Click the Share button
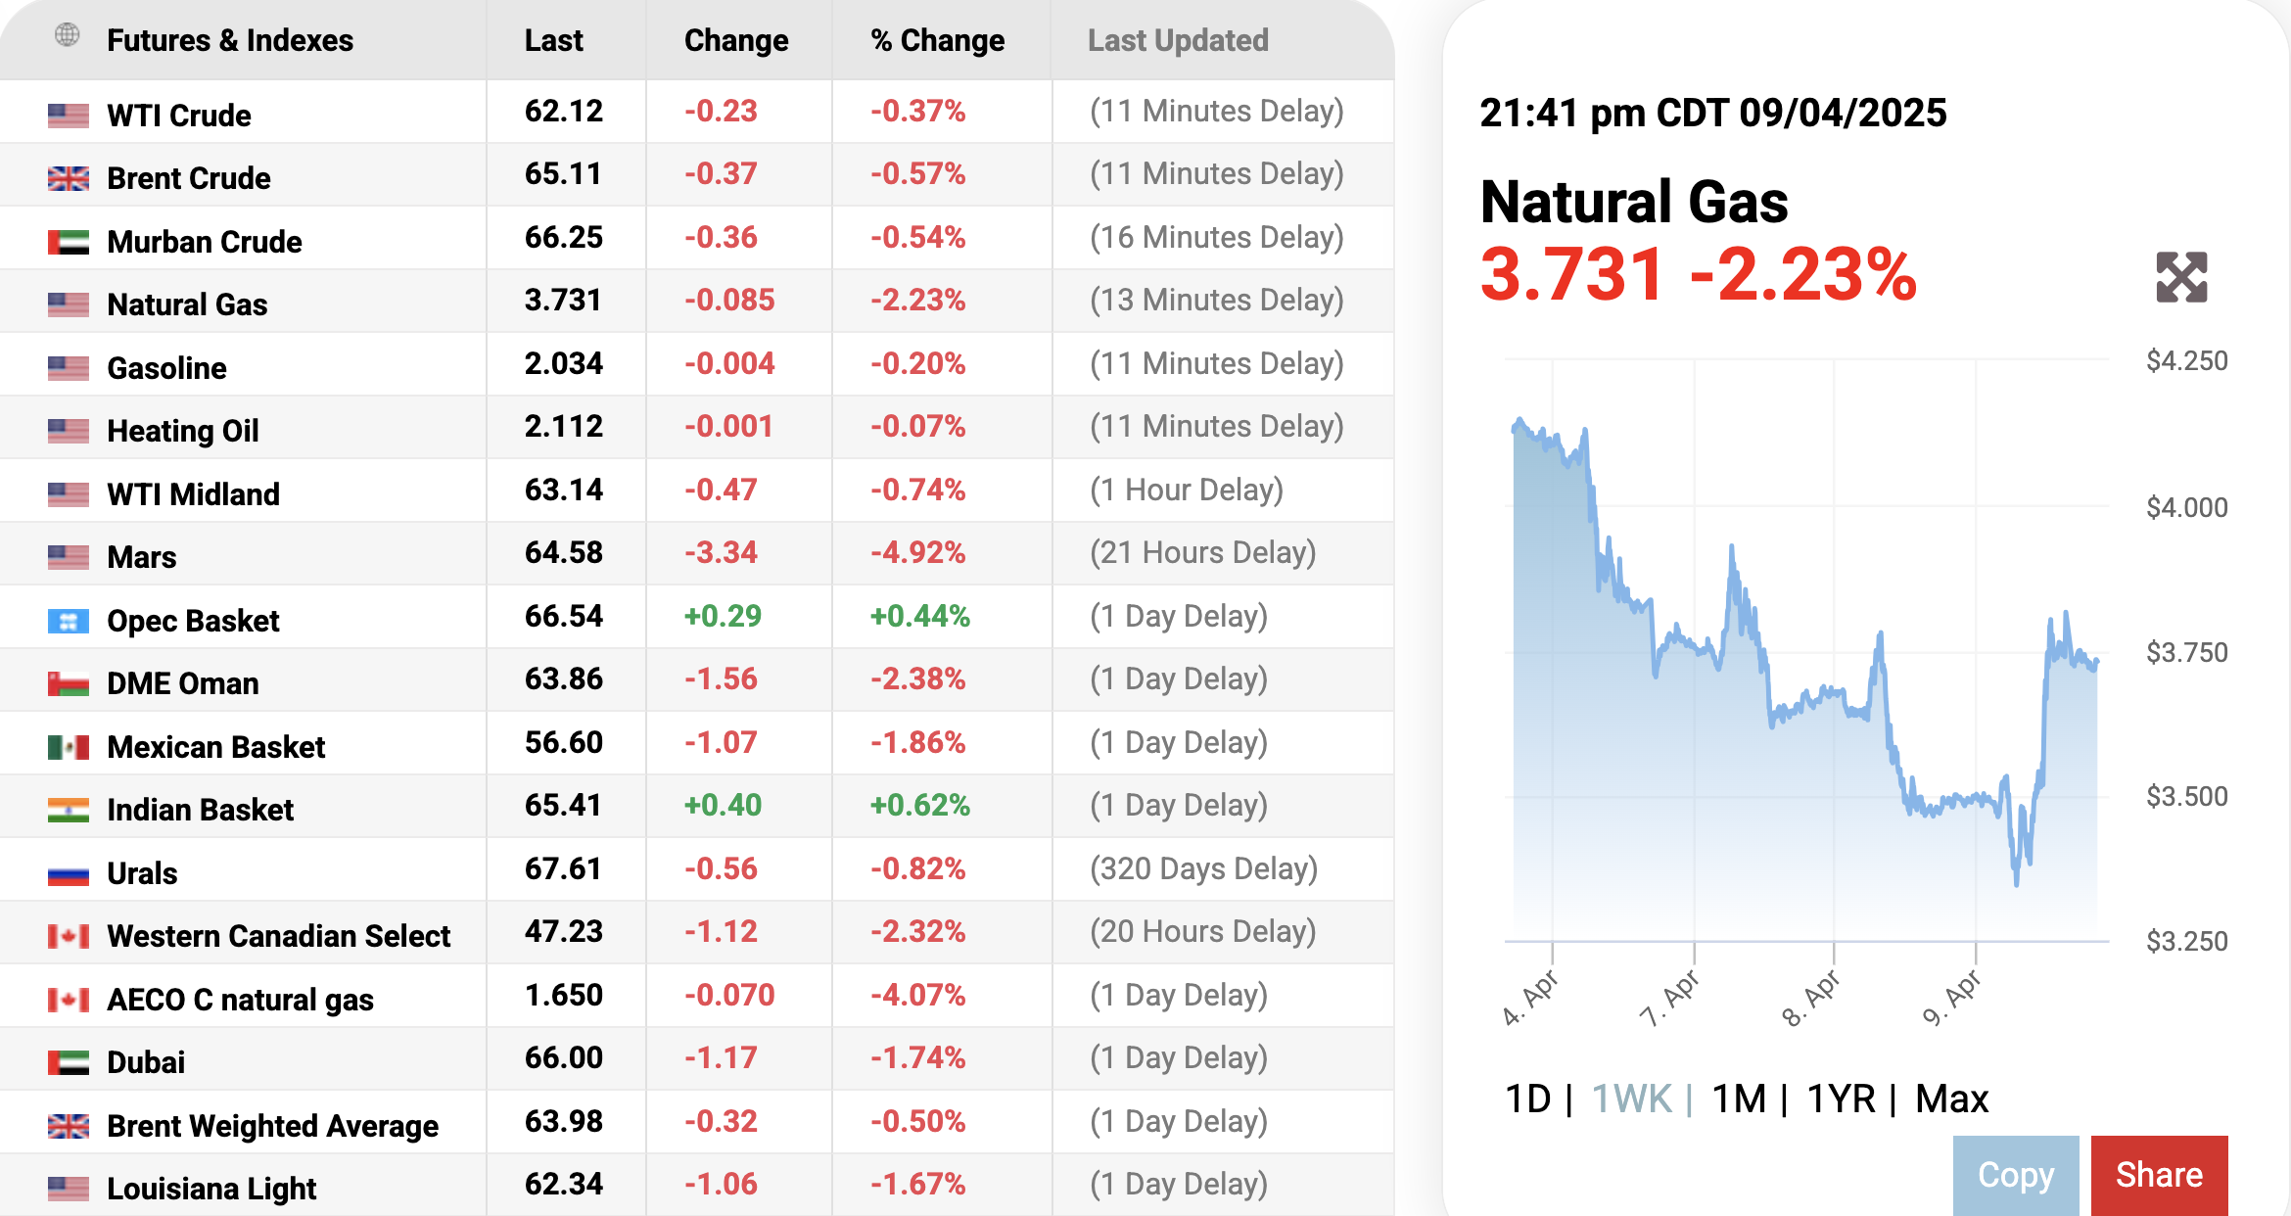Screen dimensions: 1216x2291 (2159, 1174)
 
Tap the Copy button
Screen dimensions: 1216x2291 (2015, 1174)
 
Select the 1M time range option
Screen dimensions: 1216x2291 (1739, 1099)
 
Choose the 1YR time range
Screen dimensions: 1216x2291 (1841, 1099)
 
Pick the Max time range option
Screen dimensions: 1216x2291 (1951, 1099)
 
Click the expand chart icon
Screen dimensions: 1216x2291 (2181, 277)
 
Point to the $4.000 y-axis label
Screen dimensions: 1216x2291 (2186, 507)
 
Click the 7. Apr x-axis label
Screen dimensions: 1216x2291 (1670, 999)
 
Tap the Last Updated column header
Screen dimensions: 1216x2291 (1178, 40)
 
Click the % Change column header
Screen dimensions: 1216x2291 (937, 40)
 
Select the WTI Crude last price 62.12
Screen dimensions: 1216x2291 (563, 111)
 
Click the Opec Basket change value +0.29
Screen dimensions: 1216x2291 (723, 616)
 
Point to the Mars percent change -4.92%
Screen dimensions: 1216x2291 (917, 552)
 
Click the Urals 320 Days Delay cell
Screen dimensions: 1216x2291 (1203, 868)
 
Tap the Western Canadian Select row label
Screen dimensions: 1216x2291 (278, 936)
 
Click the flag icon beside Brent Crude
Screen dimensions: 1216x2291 (69, 178)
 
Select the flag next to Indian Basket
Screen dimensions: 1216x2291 (69, 810)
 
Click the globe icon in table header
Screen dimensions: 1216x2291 (68, 35)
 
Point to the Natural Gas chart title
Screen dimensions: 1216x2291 (1634, 202)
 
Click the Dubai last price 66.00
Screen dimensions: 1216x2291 (563, 1057)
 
